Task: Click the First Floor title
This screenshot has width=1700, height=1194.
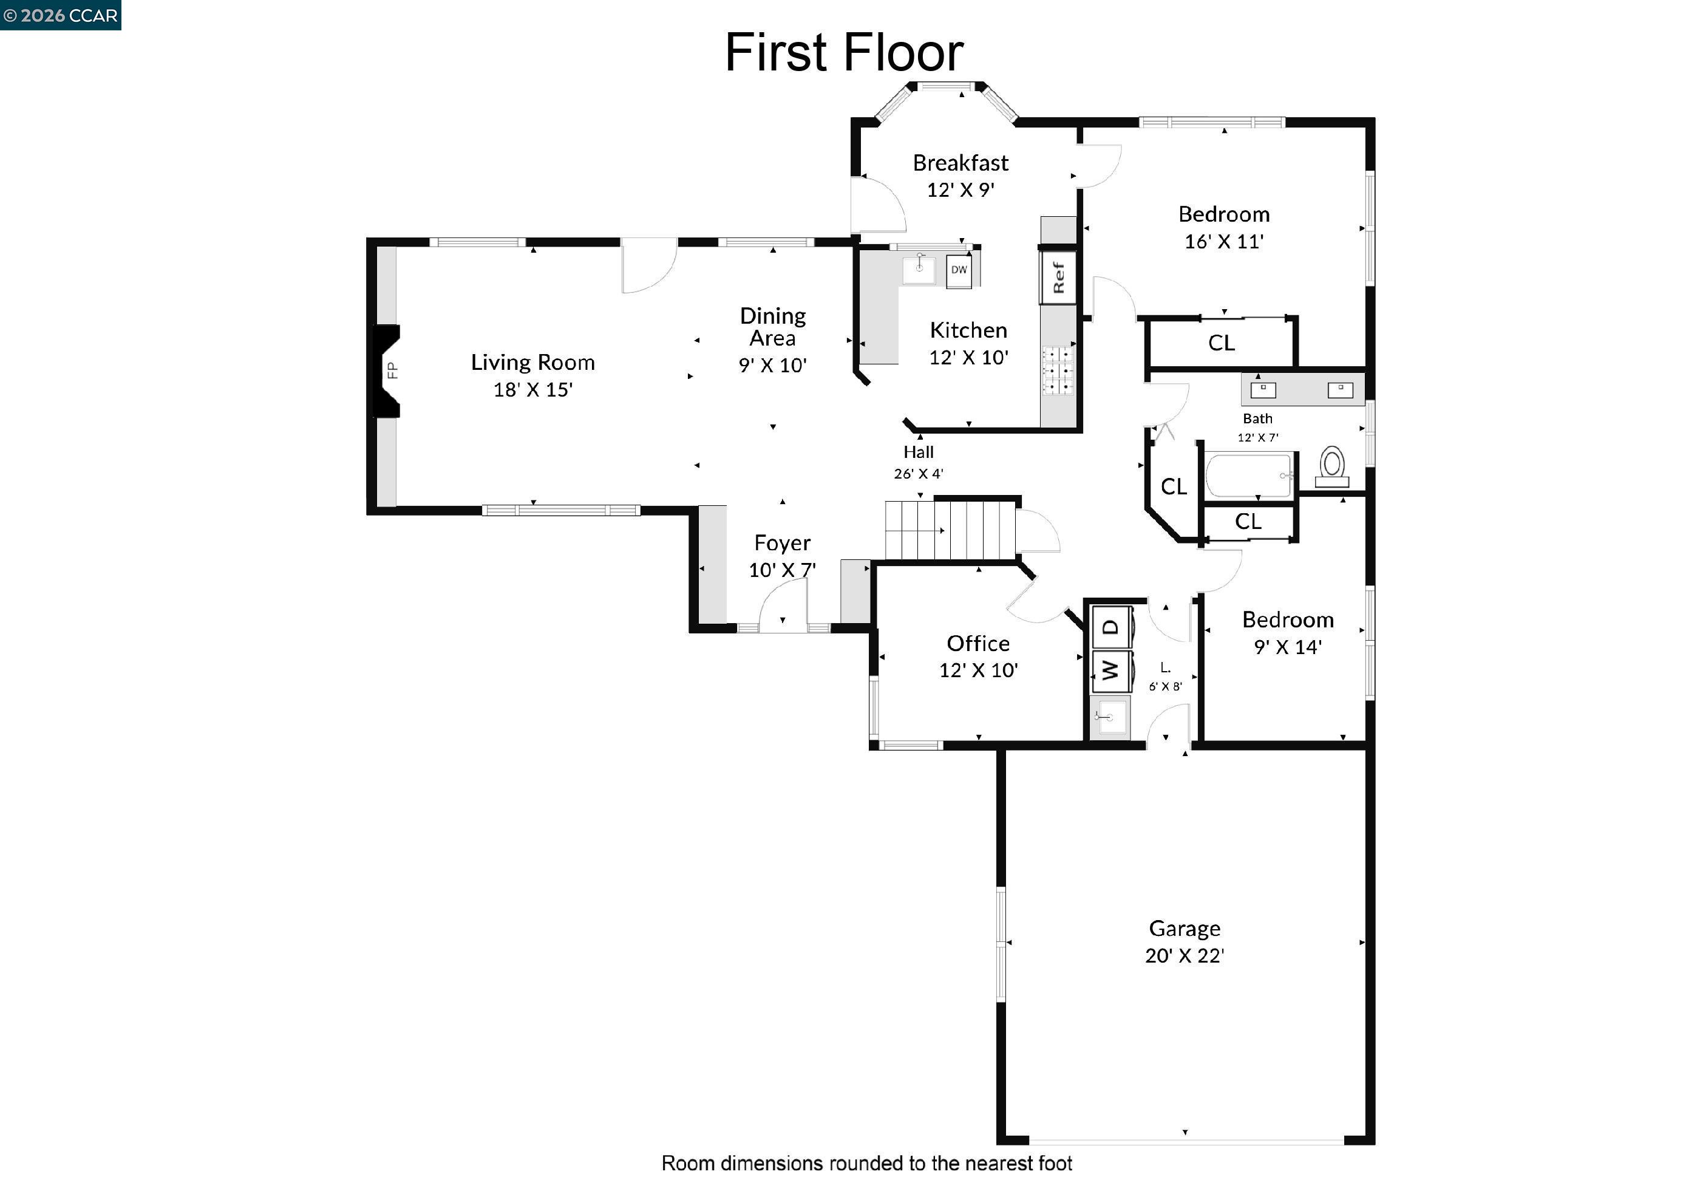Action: pos(843,53)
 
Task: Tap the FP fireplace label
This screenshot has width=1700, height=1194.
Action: pos(392,370)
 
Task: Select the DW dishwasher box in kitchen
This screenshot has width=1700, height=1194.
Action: pos(958,270)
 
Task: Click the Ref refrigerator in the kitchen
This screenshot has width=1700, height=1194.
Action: pos(1058,277)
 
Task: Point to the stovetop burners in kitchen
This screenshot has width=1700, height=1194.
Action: pos(1057,370)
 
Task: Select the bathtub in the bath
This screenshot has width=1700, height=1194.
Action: pos(1249,476)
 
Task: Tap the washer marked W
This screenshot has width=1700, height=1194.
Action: pos(1110,670)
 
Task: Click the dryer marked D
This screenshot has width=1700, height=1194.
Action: pos(1110,627)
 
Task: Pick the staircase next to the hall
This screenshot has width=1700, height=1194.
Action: pos(950,530)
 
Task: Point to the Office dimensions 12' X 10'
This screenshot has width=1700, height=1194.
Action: pos(978,670)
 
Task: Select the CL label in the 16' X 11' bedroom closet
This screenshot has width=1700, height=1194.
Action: pos(1221,343)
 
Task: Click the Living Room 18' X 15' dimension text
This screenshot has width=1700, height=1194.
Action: pos(532,390)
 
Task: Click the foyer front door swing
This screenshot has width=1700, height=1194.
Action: pos(783,604)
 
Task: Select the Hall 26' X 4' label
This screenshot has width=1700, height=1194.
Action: pos(918,462)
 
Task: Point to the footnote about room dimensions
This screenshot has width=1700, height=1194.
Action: pos(866,1164)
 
